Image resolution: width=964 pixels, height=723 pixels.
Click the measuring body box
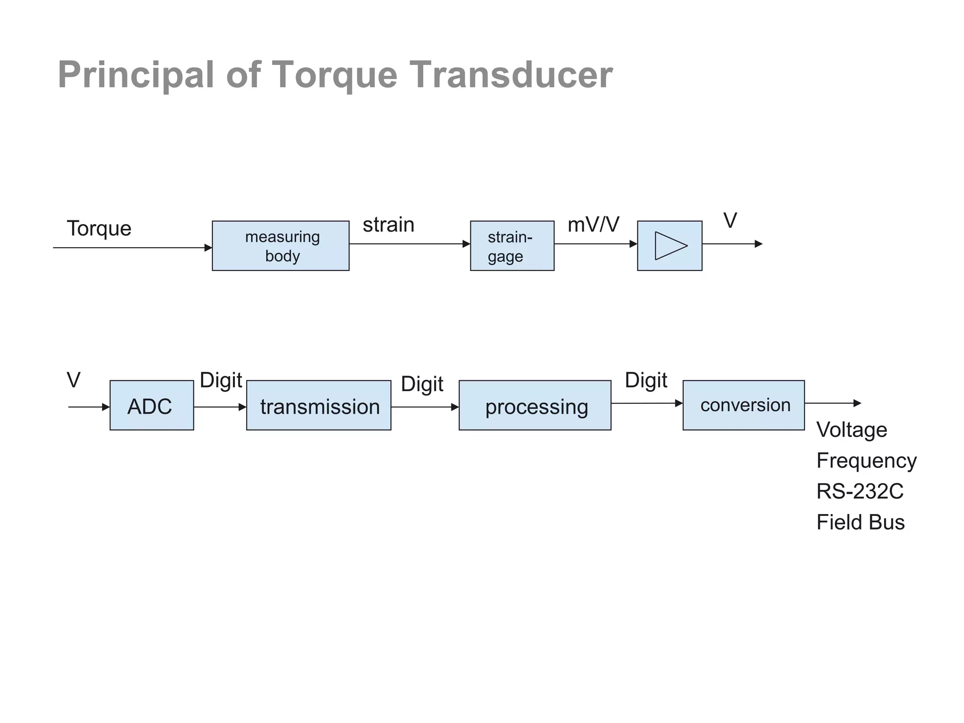tap(281, 246)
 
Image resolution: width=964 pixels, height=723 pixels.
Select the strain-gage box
tap(512, 246)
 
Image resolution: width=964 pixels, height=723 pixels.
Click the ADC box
tap(152, 405)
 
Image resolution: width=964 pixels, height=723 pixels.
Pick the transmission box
tap(319, 405)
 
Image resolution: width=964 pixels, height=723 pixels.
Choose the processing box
tap(535, 405)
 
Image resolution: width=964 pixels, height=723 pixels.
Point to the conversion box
tap(744, 405)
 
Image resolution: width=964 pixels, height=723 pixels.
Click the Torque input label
tap(99, 229)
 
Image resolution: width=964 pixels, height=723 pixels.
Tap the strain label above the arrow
tap(388, 225)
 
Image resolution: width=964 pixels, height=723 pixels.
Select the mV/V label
tap(593, 225)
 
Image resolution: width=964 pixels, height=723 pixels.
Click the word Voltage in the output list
tap(852, 430)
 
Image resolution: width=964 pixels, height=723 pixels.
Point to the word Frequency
tap(866, 460)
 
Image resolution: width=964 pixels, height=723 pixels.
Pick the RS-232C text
tap(860, 491)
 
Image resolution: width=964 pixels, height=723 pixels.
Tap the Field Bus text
tap(860, 522)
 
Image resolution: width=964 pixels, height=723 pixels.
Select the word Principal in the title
tap(136, 75)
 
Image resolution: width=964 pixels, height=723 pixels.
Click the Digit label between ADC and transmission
tap(221, 380)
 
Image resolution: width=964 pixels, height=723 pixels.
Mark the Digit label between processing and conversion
tap(646, 380)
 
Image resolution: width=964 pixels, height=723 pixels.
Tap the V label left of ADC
tap(73, 380)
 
